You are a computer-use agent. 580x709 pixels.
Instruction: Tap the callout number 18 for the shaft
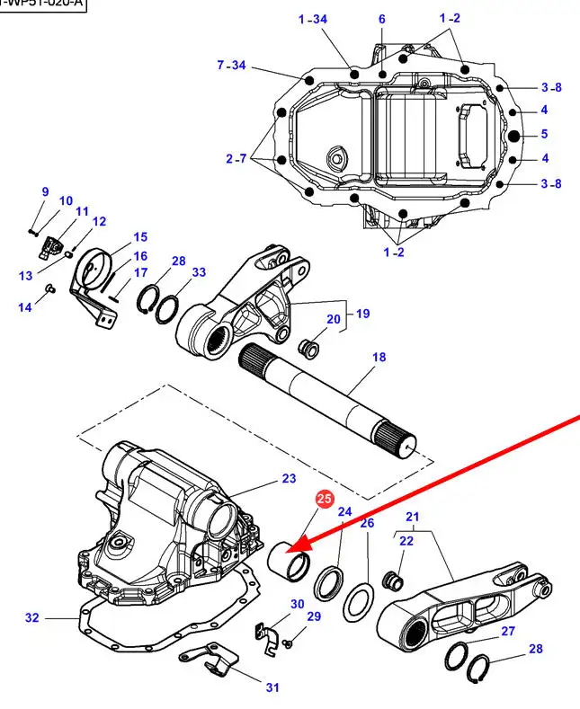(379, 357)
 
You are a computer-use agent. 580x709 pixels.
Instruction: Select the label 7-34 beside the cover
(231, 65)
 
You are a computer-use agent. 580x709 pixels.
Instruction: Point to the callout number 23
(289, 478)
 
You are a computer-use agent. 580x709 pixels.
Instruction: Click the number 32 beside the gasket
(32, 617)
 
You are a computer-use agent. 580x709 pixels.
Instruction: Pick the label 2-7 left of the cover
(236, 159)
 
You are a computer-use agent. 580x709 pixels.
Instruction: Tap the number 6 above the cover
(381, 19)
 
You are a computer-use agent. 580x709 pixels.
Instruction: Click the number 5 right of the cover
(543, 135)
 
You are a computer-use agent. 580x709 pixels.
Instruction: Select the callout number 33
(199, 272)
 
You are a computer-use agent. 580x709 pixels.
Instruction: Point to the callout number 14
(24, 307)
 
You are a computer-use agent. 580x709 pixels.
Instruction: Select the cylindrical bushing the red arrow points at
(291, 563)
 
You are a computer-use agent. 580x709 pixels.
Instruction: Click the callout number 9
(45, 191)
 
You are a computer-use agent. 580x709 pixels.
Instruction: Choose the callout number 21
(413, 517)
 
